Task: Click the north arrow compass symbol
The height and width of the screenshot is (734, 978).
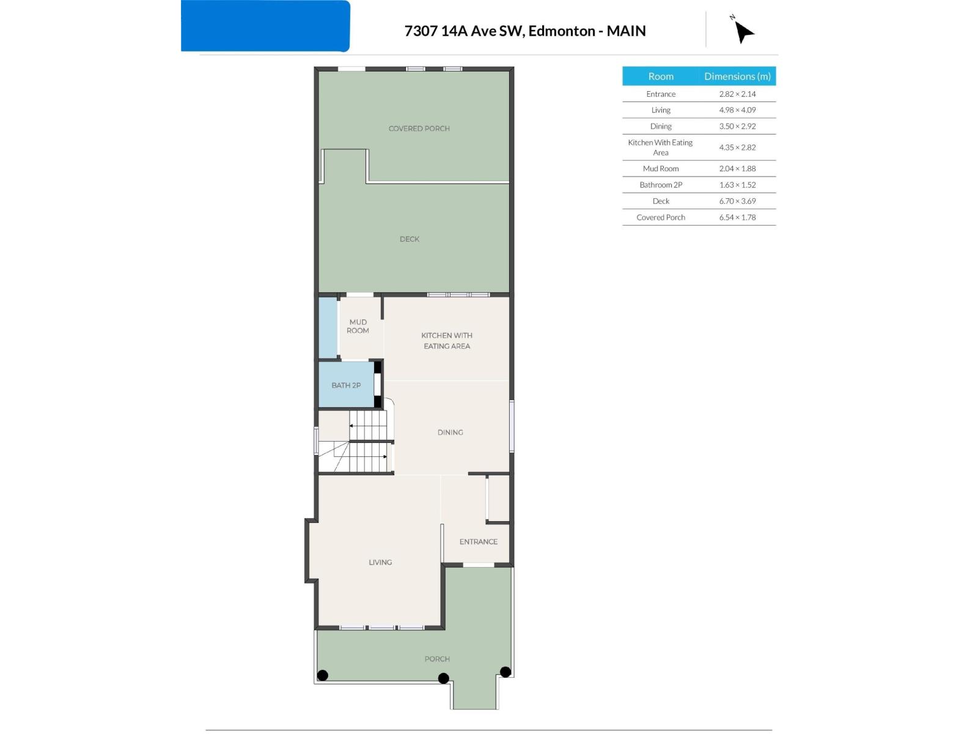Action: point(743,31)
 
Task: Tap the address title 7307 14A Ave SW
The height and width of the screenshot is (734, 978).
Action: point(464,31)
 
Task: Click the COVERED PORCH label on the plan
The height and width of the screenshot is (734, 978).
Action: point(419,128)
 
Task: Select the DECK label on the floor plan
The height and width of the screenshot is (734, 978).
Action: point(409,239)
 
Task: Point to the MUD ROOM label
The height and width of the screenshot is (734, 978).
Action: point(358,326)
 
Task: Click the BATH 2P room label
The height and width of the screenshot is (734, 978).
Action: point(346,385)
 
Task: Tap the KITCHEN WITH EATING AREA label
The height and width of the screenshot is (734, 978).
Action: point(446,341)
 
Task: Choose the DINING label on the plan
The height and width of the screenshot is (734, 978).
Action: point(450,432)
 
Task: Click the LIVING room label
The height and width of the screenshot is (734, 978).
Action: point(380,562)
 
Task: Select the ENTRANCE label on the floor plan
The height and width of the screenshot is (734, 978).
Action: point(478,541)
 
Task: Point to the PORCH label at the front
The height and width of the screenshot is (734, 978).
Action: point(436,659)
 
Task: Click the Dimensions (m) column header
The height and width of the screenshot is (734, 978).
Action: point(737,76)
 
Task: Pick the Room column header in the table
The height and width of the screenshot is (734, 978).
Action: point(660,76)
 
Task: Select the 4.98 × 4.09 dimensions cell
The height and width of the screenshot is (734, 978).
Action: point(737,109)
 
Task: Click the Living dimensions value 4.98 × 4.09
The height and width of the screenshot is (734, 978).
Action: point(737,109)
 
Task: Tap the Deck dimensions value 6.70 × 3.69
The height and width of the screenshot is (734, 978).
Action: point(737,201)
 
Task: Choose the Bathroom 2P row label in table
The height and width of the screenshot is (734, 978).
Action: point(660,185)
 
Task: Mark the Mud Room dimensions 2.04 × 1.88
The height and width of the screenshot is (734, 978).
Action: point(737,168)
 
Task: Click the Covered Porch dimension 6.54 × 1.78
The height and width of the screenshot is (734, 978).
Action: point(737,217)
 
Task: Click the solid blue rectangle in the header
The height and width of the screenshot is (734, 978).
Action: point(265,26)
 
